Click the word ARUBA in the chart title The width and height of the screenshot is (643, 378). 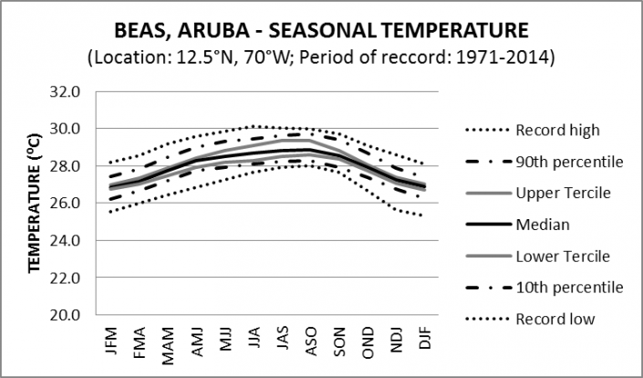[227, 31]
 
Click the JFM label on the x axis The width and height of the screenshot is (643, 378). [114, 339]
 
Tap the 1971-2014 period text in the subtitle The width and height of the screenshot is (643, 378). [516, 58]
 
